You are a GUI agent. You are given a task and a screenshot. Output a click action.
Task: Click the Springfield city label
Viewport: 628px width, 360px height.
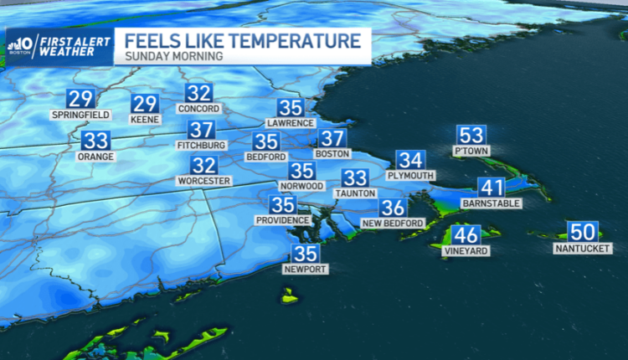click(82, 114)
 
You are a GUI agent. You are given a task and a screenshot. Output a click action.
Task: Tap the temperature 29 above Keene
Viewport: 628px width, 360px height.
click(145, 104)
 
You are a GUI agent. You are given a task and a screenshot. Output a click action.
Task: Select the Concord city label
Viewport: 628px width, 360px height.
click(198, 109)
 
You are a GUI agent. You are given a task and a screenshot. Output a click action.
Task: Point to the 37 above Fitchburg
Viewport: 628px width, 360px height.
click(201, 130)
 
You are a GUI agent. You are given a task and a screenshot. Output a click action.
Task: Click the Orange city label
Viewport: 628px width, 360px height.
click(95, 156)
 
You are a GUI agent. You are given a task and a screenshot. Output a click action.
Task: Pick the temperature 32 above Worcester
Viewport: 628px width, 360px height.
click(203, 165)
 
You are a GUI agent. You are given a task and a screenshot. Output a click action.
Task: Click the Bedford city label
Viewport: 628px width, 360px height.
click(265, 157)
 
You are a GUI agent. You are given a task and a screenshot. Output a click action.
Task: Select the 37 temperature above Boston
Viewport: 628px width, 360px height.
click(332, 139)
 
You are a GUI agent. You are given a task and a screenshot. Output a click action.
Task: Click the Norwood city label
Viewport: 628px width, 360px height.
click(301, 185)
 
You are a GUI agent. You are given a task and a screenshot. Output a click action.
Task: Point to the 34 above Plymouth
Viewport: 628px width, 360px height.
click(410, 160)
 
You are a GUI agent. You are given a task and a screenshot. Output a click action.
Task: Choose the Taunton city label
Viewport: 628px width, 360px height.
click(355, 193)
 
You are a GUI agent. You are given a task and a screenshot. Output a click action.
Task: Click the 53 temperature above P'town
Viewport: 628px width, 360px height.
click(470, 135)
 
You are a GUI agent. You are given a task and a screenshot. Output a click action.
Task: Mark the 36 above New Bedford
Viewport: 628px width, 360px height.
click(394, 208)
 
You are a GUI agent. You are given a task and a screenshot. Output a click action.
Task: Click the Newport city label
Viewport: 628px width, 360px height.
click(306, 269)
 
